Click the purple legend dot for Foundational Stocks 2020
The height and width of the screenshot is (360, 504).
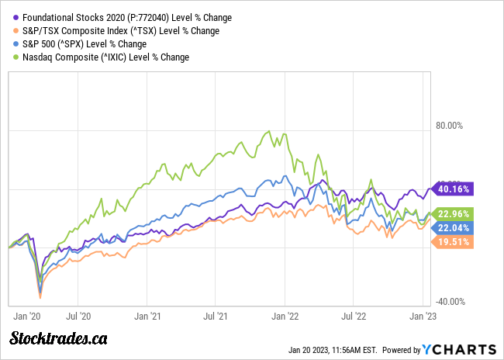coord(16,17)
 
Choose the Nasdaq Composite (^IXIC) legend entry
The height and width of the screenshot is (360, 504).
coord(105,57)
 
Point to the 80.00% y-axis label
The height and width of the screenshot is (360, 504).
coord(450,126)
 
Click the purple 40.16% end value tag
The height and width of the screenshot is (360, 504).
coord(452,189)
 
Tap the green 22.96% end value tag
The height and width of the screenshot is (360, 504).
coord(452,213)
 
